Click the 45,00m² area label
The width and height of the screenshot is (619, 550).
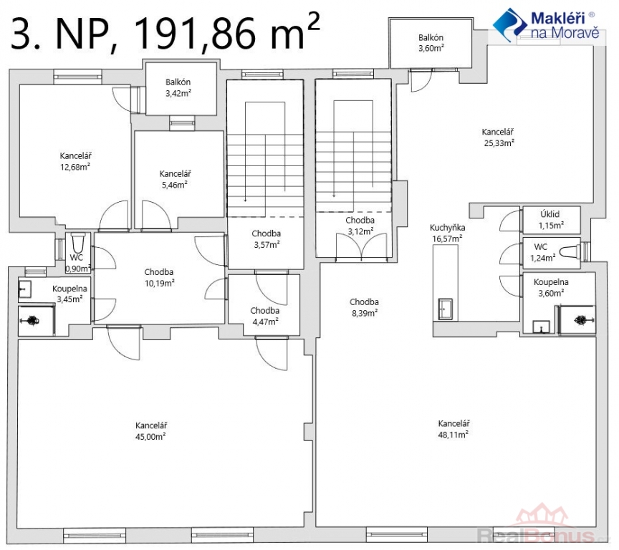pos(150,437)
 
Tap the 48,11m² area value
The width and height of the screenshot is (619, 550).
pos(454,435)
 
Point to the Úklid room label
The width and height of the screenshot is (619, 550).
pos(550,214)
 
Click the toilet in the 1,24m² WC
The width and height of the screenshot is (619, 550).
pos(570,251)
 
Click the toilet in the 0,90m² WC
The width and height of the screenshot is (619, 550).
pos(78,242)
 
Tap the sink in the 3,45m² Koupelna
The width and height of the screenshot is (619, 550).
pos(25,289)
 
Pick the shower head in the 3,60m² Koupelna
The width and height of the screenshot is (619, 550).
pos(581,320)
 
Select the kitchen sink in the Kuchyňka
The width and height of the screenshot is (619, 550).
pos(446,309)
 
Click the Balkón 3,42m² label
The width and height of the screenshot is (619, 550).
pos(178,87)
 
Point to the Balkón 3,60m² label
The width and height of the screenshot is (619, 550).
pos(431,43)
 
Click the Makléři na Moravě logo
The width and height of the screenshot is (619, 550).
pos(547,24)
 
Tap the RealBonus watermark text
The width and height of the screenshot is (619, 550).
pos(541,536)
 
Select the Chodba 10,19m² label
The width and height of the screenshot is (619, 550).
pos(159,277)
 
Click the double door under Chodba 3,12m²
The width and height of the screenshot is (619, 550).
pos(361,246)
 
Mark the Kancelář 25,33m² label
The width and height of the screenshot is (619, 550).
pos(498,137)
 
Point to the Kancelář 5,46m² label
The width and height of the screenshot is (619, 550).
pos(175,179)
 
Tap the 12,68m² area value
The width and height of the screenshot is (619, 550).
pos(75,167)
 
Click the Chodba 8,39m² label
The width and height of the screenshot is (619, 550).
pos(364,307)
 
